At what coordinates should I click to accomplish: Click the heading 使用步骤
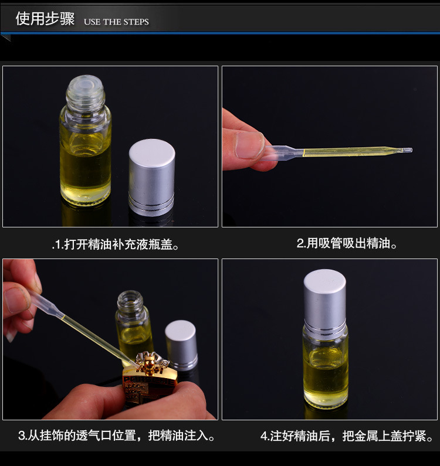45,19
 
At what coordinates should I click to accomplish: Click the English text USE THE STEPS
116,22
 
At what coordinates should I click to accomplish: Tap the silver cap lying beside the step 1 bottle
151,177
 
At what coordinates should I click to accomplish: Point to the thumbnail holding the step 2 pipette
249,145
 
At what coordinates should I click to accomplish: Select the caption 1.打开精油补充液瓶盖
115,244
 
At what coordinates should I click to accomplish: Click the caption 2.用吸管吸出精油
347,243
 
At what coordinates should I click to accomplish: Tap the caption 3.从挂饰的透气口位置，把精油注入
116,436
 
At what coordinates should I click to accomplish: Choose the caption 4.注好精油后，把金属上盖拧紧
346,436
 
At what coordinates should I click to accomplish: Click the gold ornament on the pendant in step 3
150,362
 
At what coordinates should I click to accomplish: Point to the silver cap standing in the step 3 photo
181,345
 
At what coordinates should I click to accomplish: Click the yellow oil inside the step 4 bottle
326,377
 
